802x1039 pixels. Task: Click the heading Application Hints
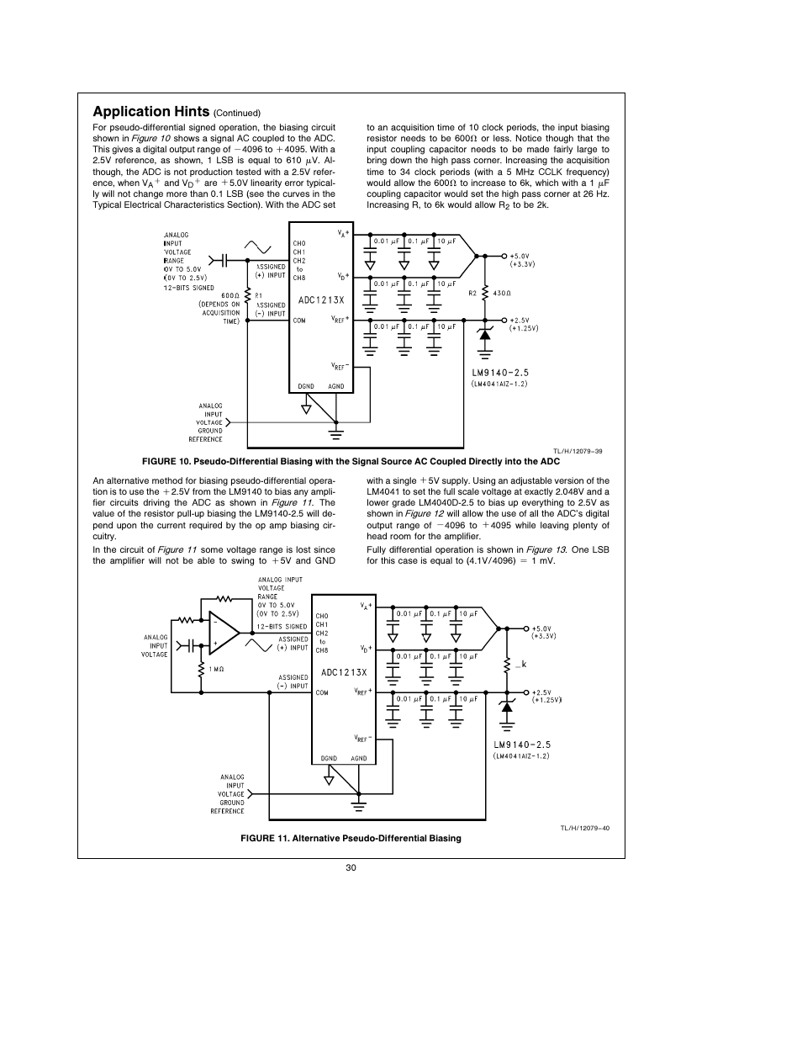click(150, 112)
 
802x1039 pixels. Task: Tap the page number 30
click(351, 868)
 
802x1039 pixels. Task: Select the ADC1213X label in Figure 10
click(321, 300)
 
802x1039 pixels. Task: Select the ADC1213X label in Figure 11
click(344, 672)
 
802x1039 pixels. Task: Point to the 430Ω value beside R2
click(502, 293)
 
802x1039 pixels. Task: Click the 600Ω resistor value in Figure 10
click(230, 295)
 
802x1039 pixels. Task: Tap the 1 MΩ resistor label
click(216, 669)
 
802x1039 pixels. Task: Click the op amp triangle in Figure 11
click(223, 633)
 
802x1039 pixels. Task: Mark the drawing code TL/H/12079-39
click(577, 451)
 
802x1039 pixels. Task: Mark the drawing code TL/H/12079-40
click(585, 828)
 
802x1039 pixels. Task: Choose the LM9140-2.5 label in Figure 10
click(499, 372)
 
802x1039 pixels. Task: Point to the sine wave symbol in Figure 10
click(259, 245)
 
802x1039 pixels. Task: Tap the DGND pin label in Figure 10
click(306, 386)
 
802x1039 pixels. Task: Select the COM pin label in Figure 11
click(322, 693)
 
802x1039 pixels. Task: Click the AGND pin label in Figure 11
click(359, 758)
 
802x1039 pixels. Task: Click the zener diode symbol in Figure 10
click(484, 335)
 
